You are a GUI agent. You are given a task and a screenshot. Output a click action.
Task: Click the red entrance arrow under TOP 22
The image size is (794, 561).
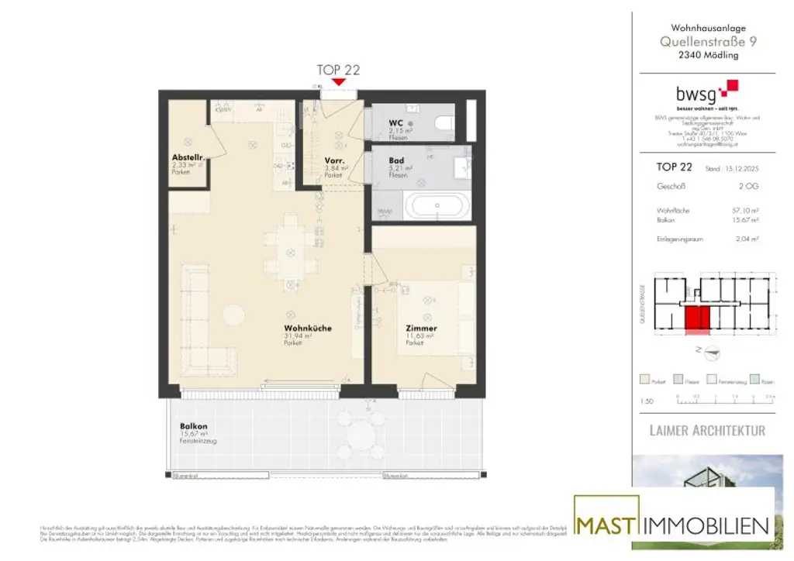(338, 82)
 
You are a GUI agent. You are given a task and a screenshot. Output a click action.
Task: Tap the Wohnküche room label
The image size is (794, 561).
(307, 329)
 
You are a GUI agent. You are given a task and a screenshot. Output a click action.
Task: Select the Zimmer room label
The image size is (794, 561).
(421, 329)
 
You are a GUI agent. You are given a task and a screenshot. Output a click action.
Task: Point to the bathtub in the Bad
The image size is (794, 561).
(438, 207)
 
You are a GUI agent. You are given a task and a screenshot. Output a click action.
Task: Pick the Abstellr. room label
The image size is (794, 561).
(187, 157)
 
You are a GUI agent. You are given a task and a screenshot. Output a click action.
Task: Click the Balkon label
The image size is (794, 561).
(192, 426)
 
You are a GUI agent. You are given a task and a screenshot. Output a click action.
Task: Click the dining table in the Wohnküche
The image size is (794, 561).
(291, 252)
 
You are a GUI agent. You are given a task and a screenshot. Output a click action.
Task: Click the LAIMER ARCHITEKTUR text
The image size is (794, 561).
(706, 430)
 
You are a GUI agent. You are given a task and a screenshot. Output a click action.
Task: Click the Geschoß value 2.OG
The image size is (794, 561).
(747, 187)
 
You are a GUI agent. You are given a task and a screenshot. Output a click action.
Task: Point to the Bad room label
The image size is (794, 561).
(395, 161)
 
